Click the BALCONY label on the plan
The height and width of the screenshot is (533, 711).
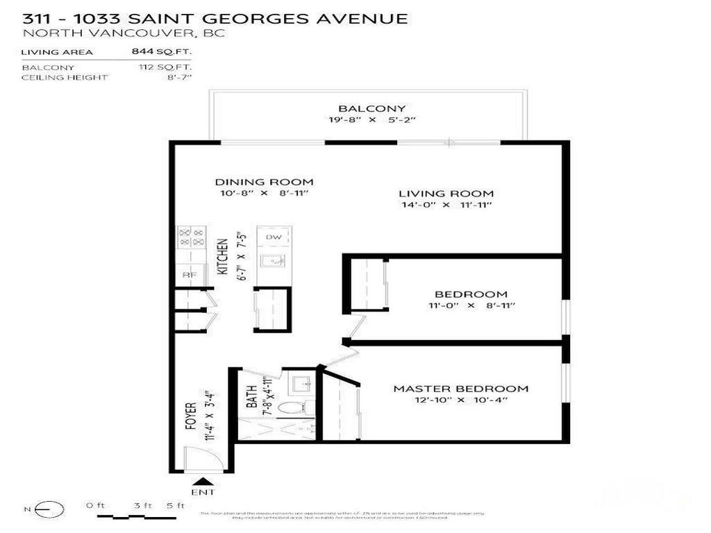[362, 109]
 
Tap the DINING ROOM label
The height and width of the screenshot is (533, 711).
[263, 183]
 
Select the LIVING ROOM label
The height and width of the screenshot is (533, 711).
[446, 194]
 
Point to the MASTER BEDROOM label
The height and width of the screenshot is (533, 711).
[460, 389]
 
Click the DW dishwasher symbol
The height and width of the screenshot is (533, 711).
[274, 237]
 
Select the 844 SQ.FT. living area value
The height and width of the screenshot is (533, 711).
[161, 51]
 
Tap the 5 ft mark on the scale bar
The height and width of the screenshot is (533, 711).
[176, 506]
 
